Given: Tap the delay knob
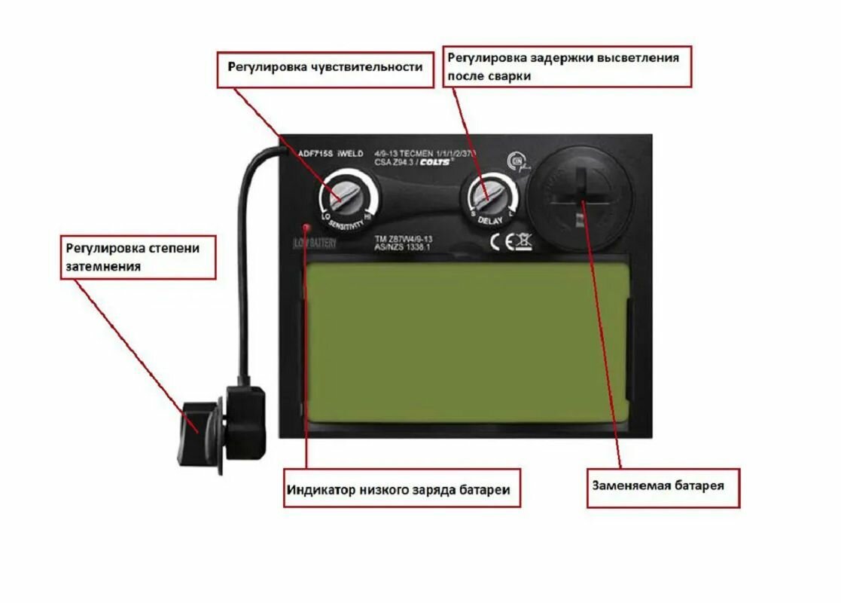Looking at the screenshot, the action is (x=490, y=197).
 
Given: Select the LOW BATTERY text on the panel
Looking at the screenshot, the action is (x=315, y=243).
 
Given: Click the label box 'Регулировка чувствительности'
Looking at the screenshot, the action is (x=326, y=68).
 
